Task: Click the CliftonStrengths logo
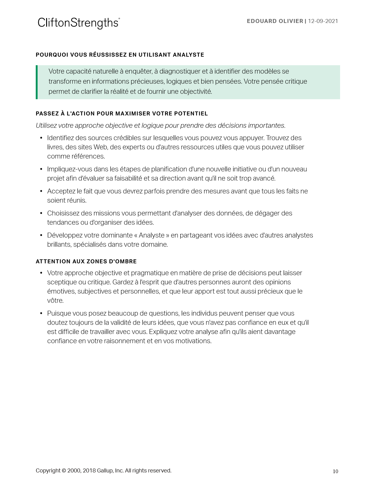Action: (79, 23)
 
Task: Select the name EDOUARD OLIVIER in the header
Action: (275, 21)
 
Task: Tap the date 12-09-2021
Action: (323, 21)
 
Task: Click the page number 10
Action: (335, 471)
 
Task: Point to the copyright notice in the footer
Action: (103, 471)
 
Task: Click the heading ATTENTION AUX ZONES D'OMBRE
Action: (86, 261)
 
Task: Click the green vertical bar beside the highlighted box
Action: (37, 82)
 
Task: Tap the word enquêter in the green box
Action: (139, 71)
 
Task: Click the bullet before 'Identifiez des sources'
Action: (41, 138)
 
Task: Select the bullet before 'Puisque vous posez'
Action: (41, 314)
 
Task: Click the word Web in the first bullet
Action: (100, 147)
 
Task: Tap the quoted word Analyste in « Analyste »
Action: (152, 235)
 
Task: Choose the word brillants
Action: (59, 245)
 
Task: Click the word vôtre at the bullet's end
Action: (55, 301)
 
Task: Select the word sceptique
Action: (61, 282)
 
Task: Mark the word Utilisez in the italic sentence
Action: (47, 126)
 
